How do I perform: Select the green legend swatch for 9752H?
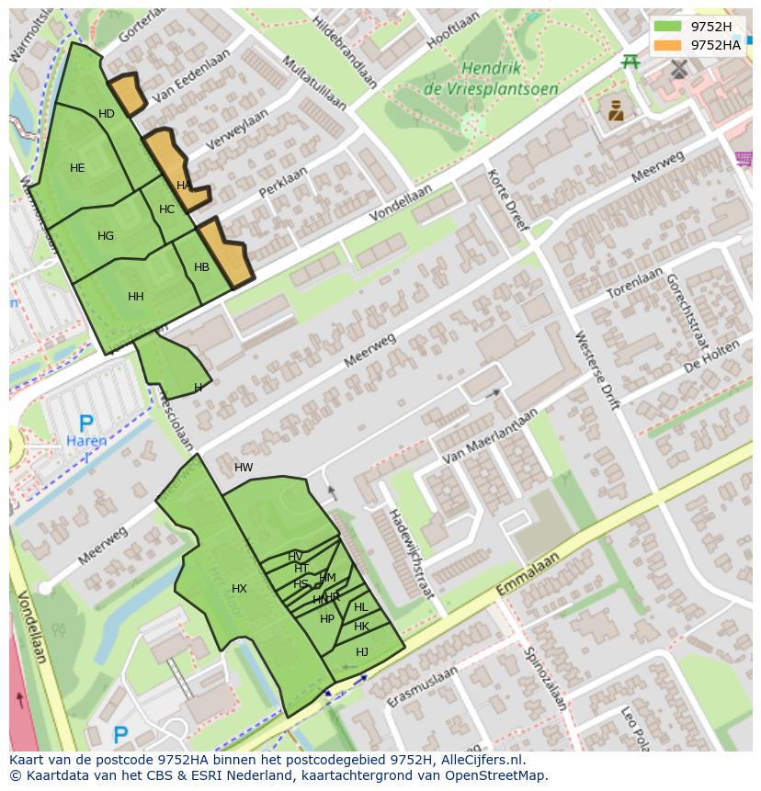pos(667,27)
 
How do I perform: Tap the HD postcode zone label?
pos(107,114)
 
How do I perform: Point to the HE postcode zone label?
pos(77,168)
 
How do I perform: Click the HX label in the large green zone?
pos(239,589)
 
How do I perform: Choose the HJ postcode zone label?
pos(362,652)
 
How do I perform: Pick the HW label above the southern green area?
pos(244,468)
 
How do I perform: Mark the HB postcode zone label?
pos(201,267)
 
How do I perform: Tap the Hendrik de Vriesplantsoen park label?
pos(492,79)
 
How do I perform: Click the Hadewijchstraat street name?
pos(410,554)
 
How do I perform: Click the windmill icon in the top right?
pos(679,68)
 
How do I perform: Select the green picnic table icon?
pos(630,61)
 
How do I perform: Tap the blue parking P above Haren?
pos(85,424)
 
